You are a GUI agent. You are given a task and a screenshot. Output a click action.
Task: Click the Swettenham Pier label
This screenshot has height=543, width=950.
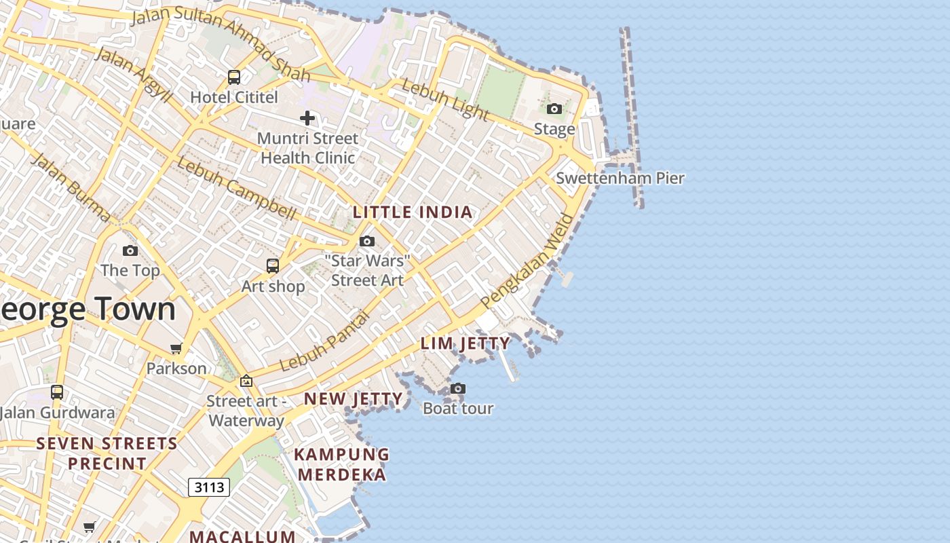pyautogui.click(x=620, y=179)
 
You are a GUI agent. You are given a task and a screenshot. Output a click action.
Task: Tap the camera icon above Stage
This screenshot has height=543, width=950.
pyautogui.click(x=554, y=109)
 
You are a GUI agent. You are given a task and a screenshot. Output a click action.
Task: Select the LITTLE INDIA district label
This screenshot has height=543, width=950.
pyautogui.click(x=413, y=212)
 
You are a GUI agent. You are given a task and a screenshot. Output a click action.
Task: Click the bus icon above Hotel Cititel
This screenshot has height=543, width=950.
pyautogui.click(x=234, y=77)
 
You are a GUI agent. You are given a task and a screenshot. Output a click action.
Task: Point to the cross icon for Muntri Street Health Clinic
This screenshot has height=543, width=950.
pyautogui.click(x=307, y=118)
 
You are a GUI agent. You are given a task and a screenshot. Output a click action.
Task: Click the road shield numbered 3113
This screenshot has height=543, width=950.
pyautogui.click(x=208, y=487)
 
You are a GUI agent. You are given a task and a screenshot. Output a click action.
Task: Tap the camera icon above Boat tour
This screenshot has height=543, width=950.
pyautogui.click(x=458, y=388)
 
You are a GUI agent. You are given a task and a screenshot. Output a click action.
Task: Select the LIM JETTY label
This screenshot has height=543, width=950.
pyautogui.click(x=465, y=343)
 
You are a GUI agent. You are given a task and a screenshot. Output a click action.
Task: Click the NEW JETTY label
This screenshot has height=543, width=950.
pyautogui.click(x=353, y=398)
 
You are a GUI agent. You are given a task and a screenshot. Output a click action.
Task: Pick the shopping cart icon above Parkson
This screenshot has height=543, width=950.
pyautogui.click(x=176, y=349)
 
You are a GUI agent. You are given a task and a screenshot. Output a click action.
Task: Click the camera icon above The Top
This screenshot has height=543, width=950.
pyautogui.click(x=130, y=250)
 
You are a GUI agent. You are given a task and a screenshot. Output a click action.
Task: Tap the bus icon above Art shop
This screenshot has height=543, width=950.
pyautogui.click(x=273, y=266)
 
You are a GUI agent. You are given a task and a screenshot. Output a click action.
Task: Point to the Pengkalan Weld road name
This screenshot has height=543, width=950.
pyautogui.click(x=527, y=261)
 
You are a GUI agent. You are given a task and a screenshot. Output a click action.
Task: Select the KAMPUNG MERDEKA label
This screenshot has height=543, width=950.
pyautogui.click(x=342, y=464)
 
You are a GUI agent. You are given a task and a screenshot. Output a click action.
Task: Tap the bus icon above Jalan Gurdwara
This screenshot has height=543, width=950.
pyautogui.click(x=57, y=392)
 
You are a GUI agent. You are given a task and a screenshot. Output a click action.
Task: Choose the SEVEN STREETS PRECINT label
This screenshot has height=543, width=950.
pyautogui.click(x=107, y=453)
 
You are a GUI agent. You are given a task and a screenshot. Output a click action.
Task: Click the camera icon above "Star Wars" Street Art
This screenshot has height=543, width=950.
pyautogui.click(x=367, y=241)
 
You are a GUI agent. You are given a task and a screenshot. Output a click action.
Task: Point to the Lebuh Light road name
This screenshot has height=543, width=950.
pyautogui.click(x=444, y=98)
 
